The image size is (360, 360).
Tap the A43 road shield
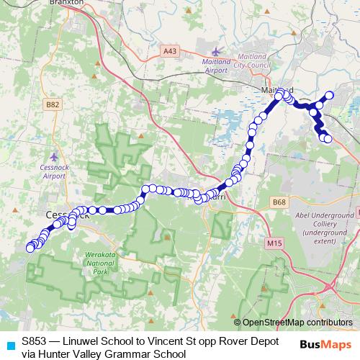[169, 50]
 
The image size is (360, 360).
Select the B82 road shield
[52, 104]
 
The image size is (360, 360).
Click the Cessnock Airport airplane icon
[55, 156]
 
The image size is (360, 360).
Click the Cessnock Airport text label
[55, 171]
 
